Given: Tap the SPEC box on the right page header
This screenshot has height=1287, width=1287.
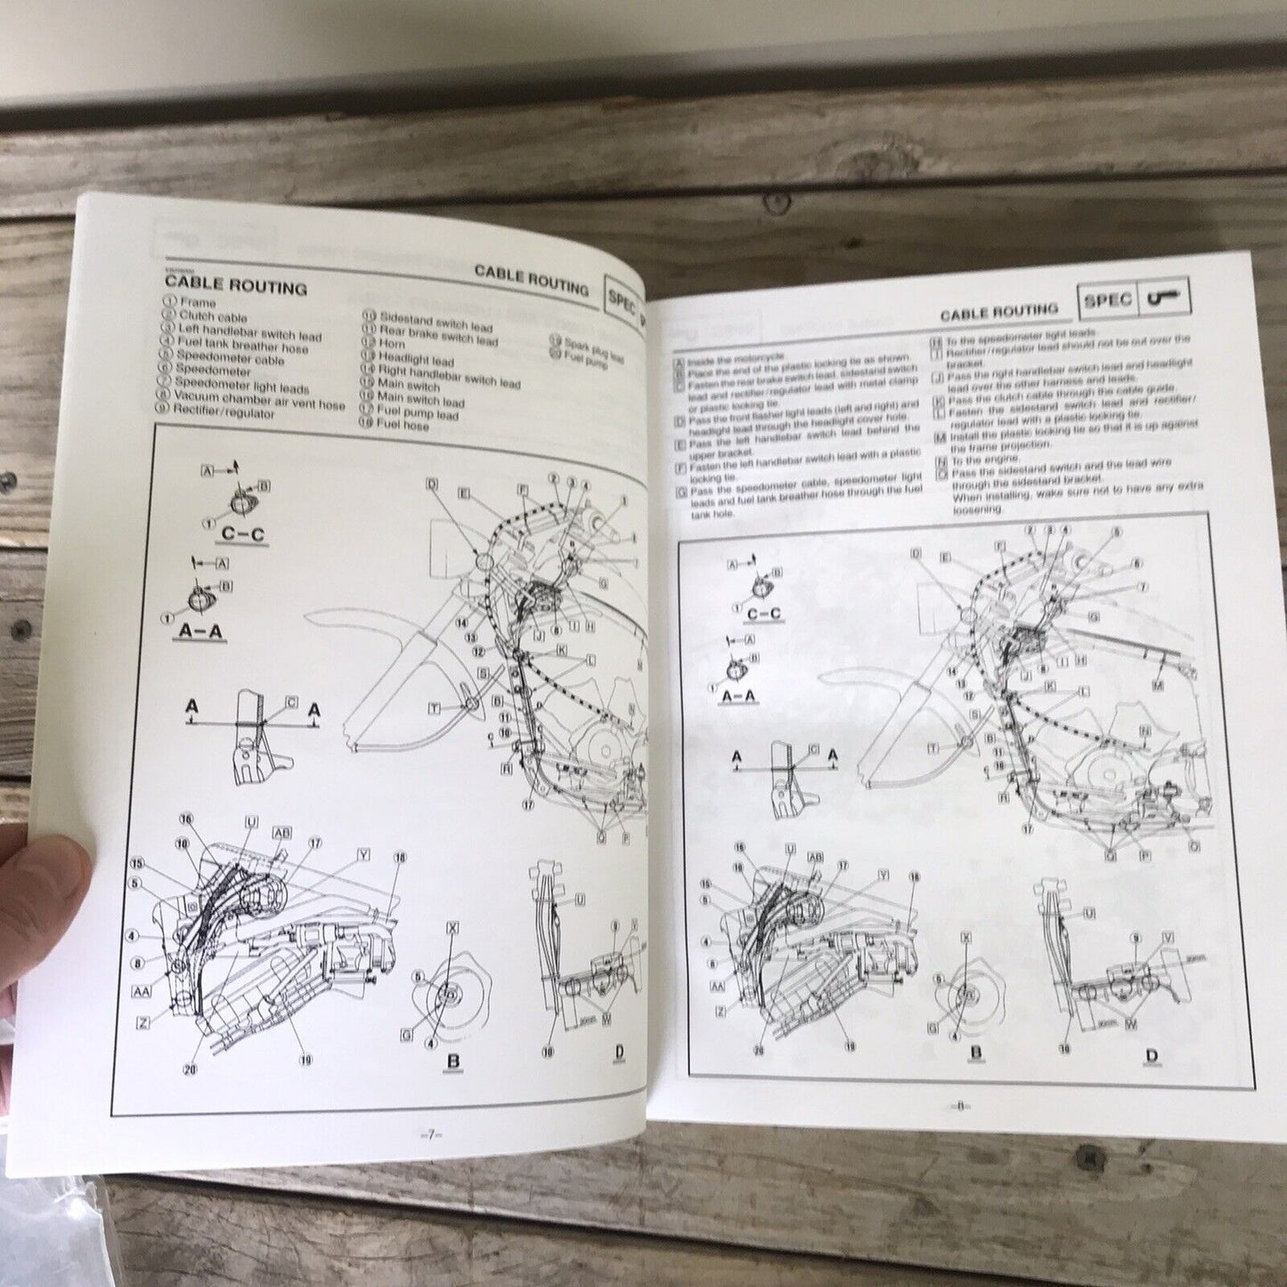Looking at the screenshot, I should click(1107, 300).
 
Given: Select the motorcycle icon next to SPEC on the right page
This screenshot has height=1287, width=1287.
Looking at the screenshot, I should click(1163, 298).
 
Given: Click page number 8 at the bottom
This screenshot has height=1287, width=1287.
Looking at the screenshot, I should click(962, 1106).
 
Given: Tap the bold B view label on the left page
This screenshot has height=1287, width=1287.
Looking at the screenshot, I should click(452, 1060).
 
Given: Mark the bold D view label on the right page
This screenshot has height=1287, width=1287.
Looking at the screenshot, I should click(1151, 1056).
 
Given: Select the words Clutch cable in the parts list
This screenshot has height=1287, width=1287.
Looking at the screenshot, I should click(213, 316).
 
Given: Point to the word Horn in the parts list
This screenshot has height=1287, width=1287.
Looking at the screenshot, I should click(392, 343).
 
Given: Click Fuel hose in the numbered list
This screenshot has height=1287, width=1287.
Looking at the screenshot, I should click(403, 426).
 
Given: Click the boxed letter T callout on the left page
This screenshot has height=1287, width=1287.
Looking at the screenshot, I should click(435, 708).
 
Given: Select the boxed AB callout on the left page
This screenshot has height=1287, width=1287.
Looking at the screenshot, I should click(281, 832).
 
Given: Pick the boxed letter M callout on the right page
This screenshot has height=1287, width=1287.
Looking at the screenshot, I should click(1157, 685).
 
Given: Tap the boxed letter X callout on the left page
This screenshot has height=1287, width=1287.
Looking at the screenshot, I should click(452, 928).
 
